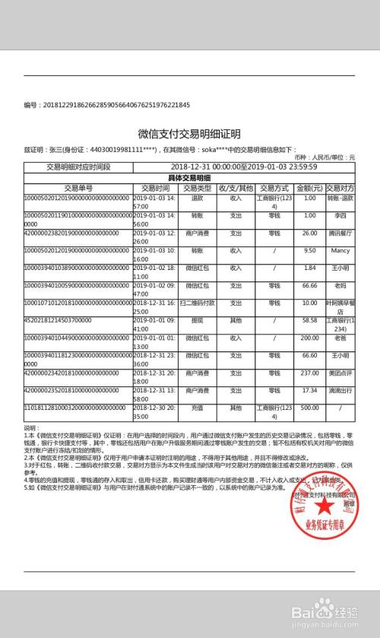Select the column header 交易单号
(x=78, y=187)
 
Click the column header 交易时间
(x=155, y=187)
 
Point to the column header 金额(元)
(x=309, y=187)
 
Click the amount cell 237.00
(x=309, y=373)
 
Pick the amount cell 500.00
(x=309, y=408)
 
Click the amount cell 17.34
(x=309, y=391)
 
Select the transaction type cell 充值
(x=196, y=408)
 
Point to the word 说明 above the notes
(x=31, y=428)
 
